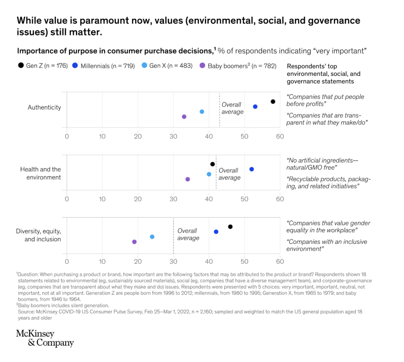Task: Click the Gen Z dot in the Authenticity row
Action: (273, 102)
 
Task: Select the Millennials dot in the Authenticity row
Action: (255, 107)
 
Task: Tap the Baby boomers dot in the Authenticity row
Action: (184, 117)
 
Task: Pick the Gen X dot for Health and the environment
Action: (209, 174)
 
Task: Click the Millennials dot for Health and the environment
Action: (251, 169)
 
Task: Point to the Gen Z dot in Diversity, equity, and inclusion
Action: (230, 227)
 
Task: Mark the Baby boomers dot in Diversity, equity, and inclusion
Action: (134, 242)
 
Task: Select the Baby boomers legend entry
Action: (237, 66)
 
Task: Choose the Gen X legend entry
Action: (167, 66)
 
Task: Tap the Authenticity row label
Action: (44, 107)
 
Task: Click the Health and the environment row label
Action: (40, 173)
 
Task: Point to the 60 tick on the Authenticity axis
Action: (280, 136)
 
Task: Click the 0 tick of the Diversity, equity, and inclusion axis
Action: (67, 261)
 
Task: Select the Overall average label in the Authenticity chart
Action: (233, 108)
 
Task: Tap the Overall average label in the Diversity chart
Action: (188, 234)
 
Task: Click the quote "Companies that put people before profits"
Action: (325, 100)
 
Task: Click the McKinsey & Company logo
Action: (45, 338)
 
